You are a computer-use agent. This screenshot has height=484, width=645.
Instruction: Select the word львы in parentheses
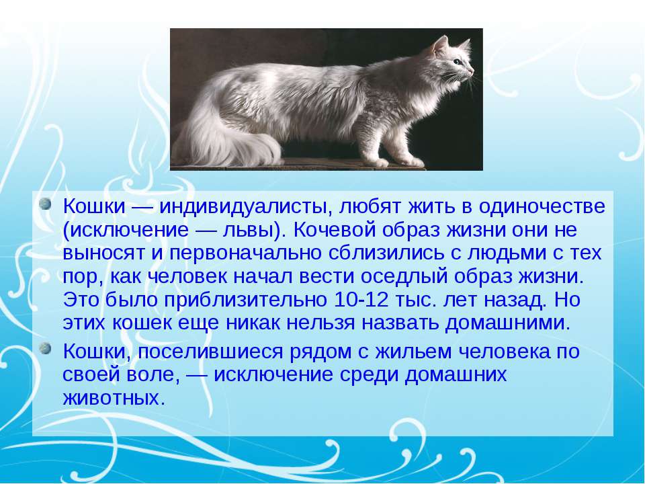point(249,230)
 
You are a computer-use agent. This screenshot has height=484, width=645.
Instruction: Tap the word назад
point(515,300)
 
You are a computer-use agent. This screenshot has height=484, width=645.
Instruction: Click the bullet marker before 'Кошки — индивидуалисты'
point(46,204)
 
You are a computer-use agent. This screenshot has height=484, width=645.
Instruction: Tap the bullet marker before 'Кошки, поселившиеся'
point(46,349)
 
